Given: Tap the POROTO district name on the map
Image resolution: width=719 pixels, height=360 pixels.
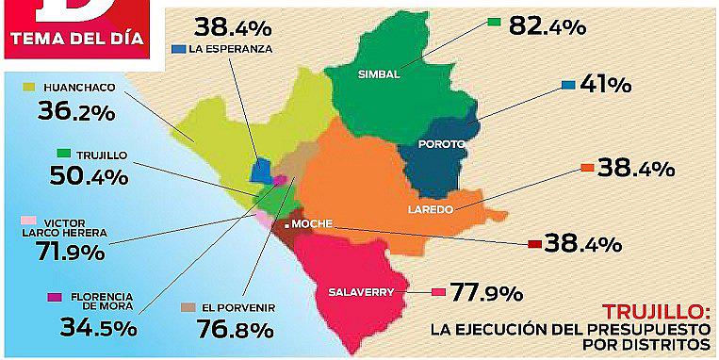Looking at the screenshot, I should tap(444, 144).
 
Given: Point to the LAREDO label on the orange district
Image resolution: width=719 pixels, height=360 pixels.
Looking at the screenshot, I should tap(432, 208).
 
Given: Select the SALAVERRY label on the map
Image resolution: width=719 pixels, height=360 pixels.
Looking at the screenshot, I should tap(361, 291).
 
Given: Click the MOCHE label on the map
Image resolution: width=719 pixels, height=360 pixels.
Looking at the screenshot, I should tap(312, 225).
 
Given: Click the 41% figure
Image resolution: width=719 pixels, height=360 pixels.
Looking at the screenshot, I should tap(606, 85).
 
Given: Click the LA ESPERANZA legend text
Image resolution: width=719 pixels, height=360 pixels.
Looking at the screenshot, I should tap(232, 48).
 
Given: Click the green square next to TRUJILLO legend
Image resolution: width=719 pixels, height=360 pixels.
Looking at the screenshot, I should tap(64, 154).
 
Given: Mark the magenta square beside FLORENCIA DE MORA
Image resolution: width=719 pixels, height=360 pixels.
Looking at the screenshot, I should tap(55, 298).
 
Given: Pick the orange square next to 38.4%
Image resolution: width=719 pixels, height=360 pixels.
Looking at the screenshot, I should tap(587, 169).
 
